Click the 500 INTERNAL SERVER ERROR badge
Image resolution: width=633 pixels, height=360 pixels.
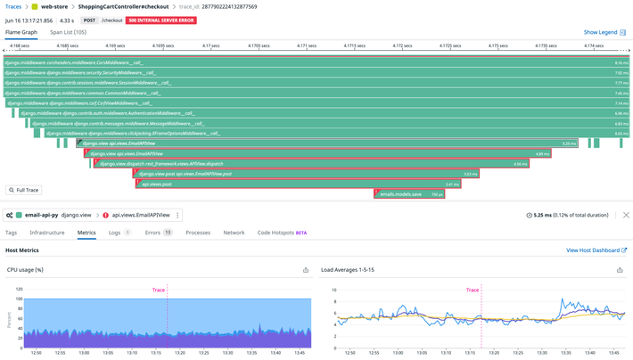click(x=160, y=20)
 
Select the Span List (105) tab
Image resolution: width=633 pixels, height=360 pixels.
click(x=68, y=32)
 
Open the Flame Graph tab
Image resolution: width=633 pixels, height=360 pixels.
click(x=21, y=32)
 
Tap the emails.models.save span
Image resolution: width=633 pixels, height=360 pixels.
click(x=409, y=194)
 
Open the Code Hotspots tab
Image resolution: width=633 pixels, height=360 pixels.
click(x=282, y=233)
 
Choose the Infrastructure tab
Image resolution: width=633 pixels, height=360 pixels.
click(x=47, y=233)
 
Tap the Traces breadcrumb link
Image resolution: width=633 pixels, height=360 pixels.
click(x=13, y=6)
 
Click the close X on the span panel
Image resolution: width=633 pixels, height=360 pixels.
click(x=626, y=215)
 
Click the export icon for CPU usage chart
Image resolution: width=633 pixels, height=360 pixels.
click(x=306, y=270)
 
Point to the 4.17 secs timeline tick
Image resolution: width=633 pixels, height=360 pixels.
click(x=210, y=45)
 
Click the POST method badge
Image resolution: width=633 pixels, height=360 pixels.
click(x=90, y=20)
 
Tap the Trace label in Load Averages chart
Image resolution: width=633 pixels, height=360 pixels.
click(x=472, y=290)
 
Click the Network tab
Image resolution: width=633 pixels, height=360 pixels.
click(x=234, y=233)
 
